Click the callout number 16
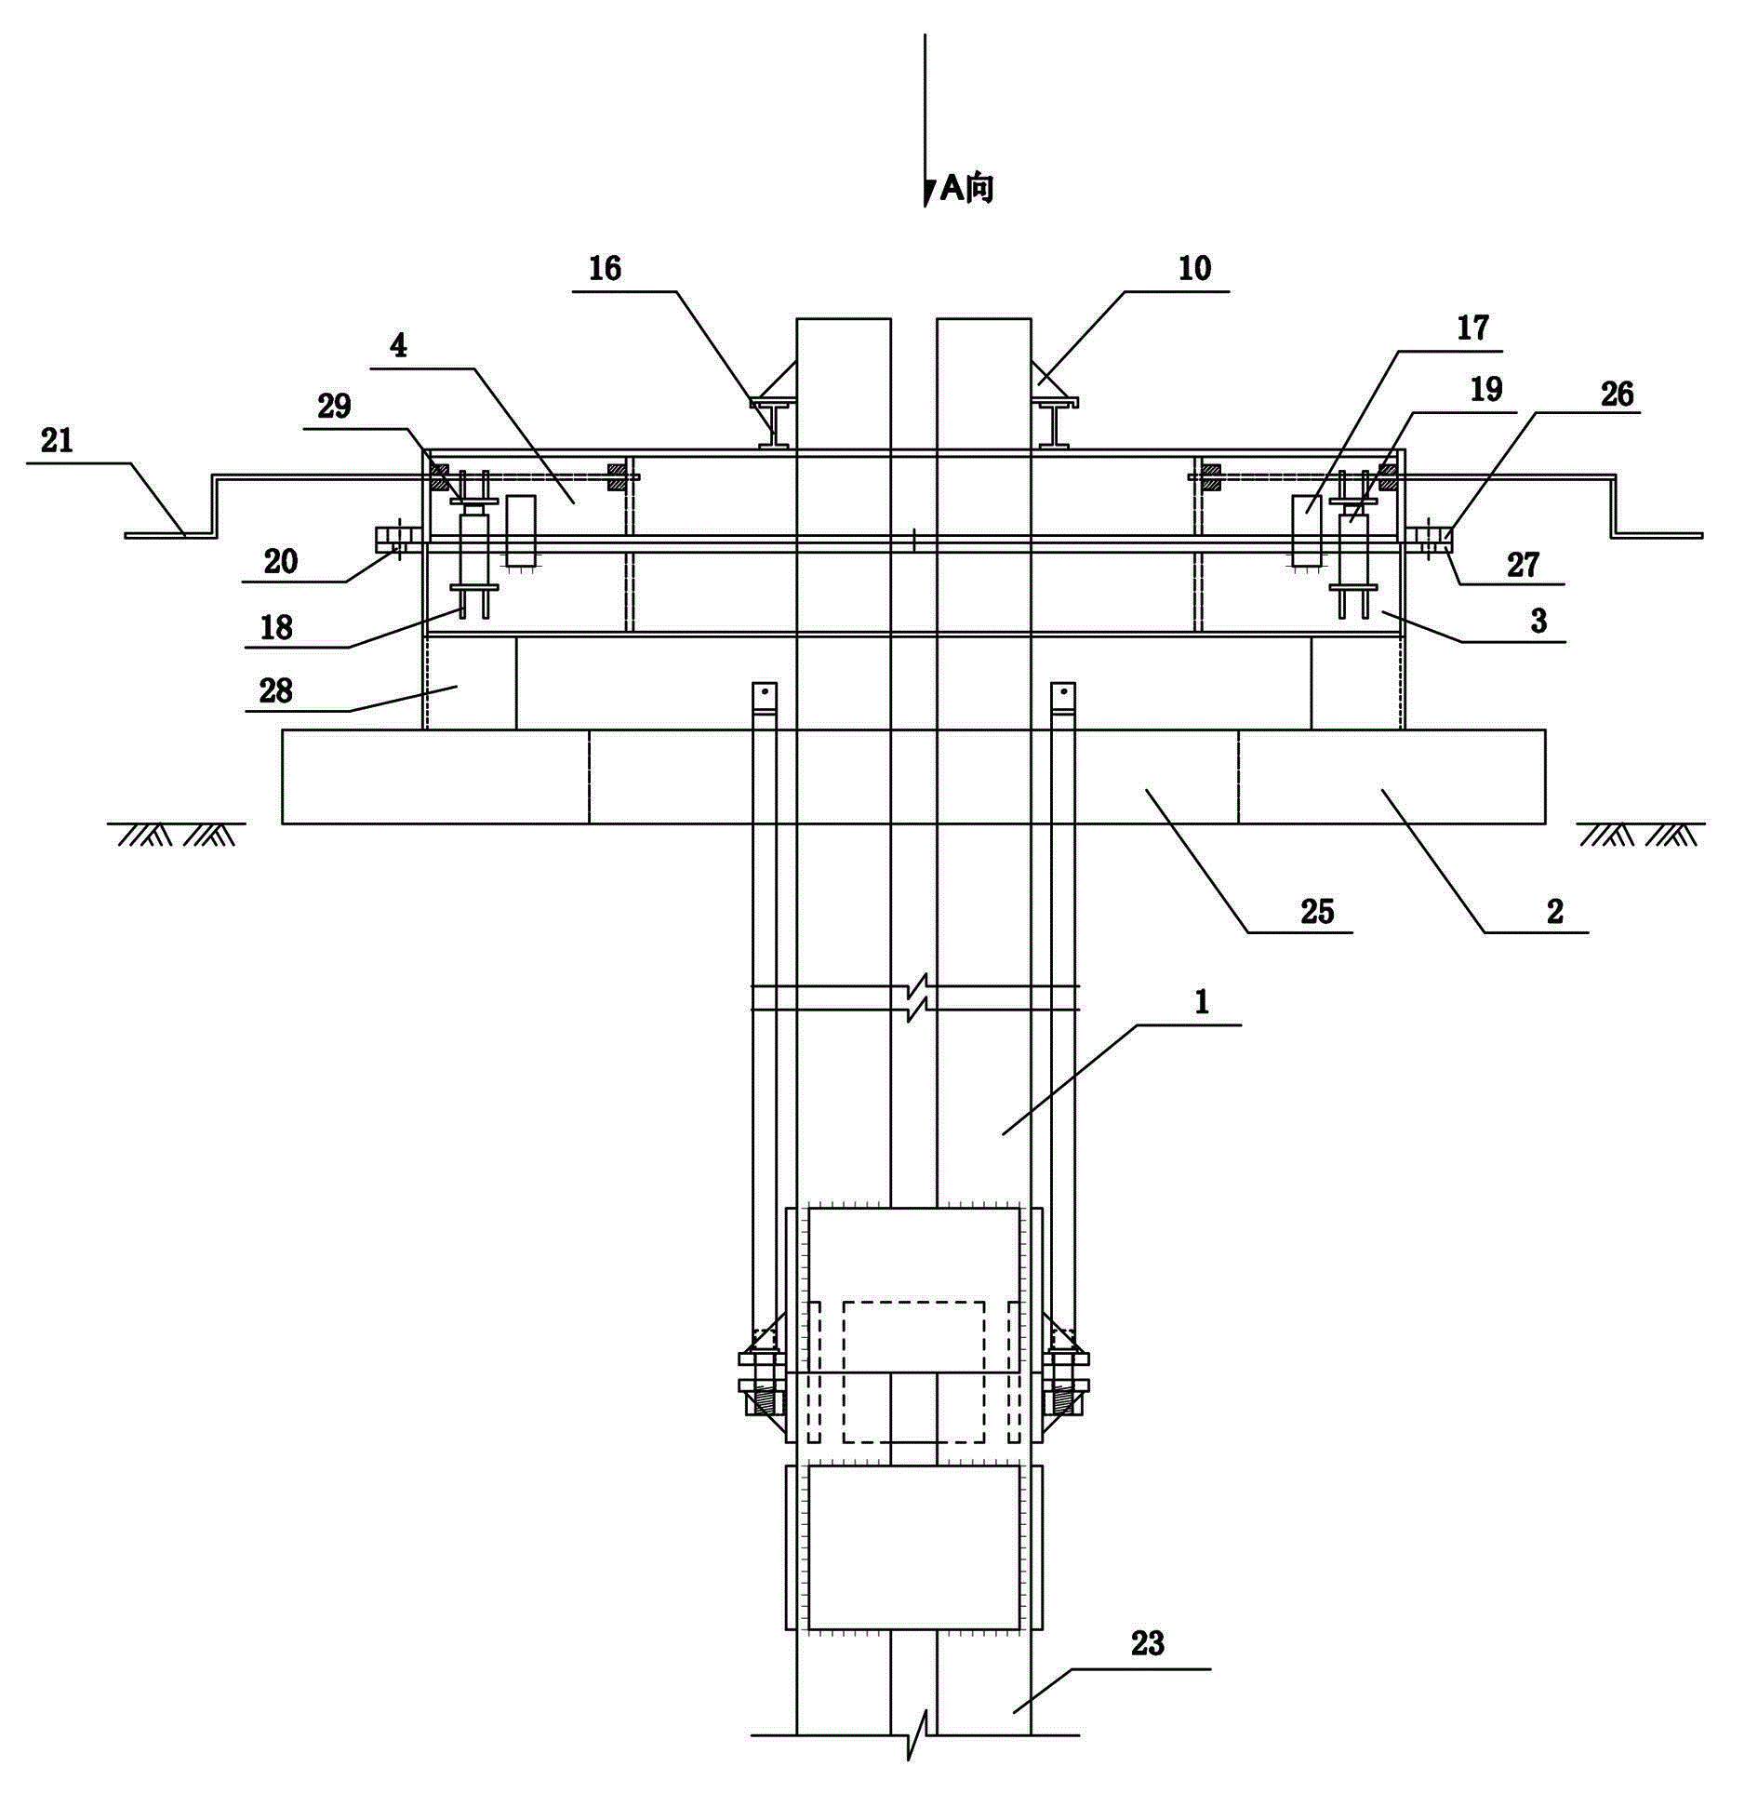pyautogui.click(x=605, y=269)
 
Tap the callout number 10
pyautogui.click(x=1195, y=269)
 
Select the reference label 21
pyautogui.click(x=57, y=440)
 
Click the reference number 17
pyautogui.click(x=1472, y=328)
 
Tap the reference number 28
pyautogui.click(x=276, y=690)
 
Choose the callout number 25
pyautogui.click(x=1317, y=911)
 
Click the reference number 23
pyautogui.click(x=1148, y=1644)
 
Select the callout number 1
pyautogui.click(x=1202, y=1002)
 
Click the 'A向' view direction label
pyautogui.click(x=967, y=189)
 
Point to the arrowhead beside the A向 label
pyautogui.click(x=928, y=193)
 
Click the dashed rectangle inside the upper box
pyautogui.click(x=913, y=1372)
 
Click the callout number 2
pyautogui.click(x=1555, y=911)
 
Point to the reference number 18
pyautogui.click(x=276, y=628)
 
